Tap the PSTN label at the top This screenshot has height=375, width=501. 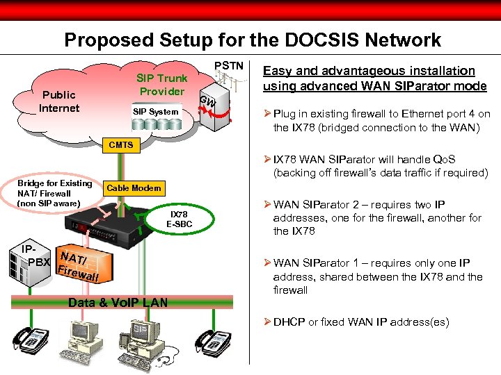click(x=229, y=66)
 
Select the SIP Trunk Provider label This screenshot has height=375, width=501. click(x=161, y=85)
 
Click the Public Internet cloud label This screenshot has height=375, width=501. click(x=59, y=101)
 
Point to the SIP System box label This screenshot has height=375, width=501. click(x=156, y=111)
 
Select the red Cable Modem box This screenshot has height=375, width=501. click(x=134, y=187)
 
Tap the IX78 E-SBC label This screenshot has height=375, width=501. click(x=179, y=219)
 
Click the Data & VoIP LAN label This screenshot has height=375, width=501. click(x=118, y=302)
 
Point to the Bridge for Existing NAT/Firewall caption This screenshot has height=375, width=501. click(x=55, y=193)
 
